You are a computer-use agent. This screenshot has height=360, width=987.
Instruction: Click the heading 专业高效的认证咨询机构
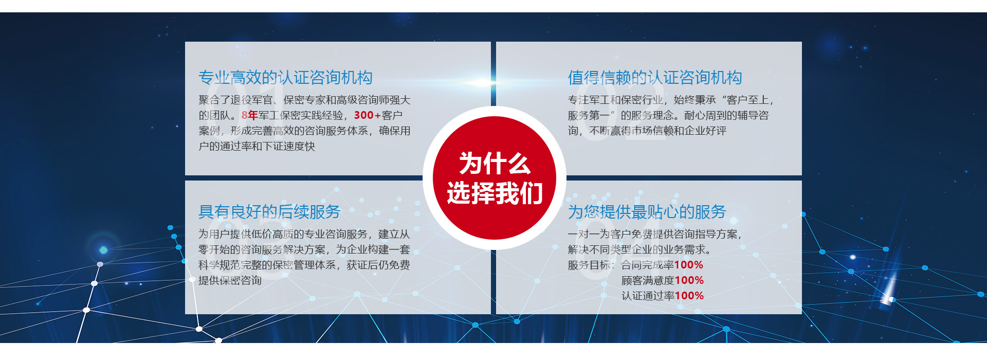click(285, 78)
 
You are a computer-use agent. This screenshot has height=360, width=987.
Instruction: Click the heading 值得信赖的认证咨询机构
click(654, 78)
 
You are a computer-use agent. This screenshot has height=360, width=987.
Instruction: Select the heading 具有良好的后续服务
click(269, 211)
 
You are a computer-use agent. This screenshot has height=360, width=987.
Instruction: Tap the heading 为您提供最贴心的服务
click(647, 211)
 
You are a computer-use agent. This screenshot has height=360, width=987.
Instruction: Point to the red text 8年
click(249, 115)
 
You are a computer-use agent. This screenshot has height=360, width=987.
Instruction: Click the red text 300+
click(367, 115)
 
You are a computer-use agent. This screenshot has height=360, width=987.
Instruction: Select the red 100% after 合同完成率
click(689, 265)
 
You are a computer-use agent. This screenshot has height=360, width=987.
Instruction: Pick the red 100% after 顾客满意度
click(689, 280)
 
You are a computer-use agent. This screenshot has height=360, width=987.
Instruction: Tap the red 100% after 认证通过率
click(689, 296)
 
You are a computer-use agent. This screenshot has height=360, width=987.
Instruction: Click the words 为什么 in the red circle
click(494, 164)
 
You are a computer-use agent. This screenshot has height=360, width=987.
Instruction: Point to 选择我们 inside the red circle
click(494, 193)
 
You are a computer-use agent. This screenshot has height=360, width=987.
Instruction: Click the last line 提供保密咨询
click(230, 280)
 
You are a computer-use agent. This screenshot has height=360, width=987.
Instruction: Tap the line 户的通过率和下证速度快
click(257, 146)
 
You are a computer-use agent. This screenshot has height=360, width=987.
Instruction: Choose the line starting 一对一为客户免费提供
click(654, 234)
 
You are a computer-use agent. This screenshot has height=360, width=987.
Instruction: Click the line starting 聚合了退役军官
click(304, 100)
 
